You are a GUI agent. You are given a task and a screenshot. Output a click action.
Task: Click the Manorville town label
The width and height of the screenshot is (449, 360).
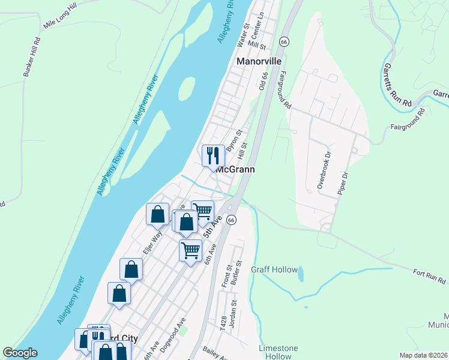pyautogui.click(x=260, y=61)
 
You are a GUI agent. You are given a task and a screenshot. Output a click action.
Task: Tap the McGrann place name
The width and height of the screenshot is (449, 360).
pyautogui.click(x=235, y=170)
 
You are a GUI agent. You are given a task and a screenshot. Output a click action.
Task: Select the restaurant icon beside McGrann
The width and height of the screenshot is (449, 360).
pyautogui.click(x=213, y=157)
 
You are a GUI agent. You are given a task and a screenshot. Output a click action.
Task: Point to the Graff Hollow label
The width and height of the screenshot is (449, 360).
pyautogui.click(x=274, y=270)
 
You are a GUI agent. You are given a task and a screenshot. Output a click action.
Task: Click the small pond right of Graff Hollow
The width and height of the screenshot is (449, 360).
pyautogui.click(x=301, y=274)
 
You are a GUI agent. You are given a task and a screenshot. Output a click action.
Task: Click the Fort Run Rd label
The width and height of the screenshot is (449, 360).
pyautogui.click(x=429, y=277)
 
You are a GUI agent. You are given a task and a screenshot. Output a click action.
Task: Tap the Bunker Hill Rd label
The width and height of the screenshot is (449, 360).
pyautogui.click(x=31, y=58)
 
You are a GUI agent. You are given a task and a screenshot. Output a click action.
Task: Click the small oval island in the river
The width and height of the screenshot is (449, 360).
pyautogui.click(x=187, y=89)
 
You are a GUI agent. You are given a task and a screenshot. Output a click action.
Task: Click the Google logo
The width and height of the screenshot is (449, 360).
pyautogui.click(x=20, y=353)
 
